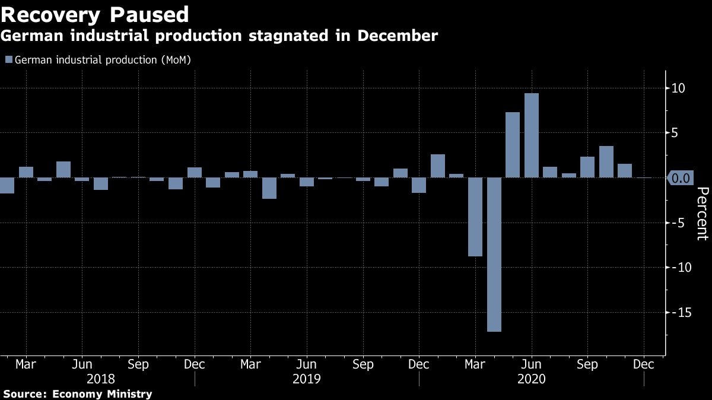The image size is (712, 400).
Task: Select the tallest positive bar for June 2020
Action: coord(532,135)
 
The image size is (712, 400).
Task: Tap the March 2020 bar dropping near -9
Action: coord(475,217)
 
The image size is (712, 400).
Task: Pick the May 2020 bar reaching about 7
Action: coord(513,145)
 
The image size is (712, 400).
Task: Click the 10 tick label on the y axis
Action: coord(678,88)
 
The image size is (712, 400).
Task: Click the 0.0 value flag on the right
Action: coord(681,177)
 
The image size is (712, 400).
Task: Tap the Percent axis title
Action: coord(702,213)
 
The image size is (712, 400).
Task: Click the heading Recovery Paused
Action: coord(95,14)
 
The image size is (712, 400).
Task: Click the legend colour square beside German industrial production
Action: coord(8,60)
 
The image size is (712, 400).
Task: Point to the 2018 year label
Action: coord(101,379)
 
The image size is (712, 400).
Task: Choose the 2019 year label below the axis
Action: coord(307,379)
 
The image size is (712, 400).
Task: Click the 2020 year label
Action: coord(532,379)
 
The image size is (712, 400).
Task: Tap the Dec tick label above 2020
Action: coord(644,364)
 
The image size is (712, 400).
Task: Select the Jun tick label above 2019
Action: coord(306,364)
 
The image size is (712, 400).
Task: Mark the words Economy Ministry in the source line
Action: coord(102,393)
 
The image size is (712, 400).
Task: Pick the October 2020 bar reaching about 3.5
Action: coord(606,161)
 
